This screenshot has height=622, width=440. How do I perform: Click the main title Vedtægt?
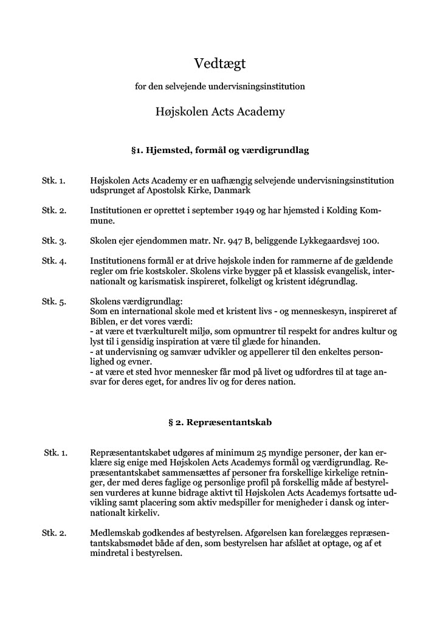(219, 63)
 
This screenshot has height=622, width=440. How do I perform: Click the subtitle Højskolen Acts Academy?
(219, 112)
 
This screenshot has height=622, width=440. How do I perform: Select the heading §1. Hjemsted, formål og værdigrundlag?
(219, 150)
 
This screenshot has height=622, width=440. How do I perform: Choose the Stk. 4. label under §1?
(53, 260)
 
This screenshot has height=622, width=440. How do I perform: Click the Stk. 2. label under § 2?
(53, 533)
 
